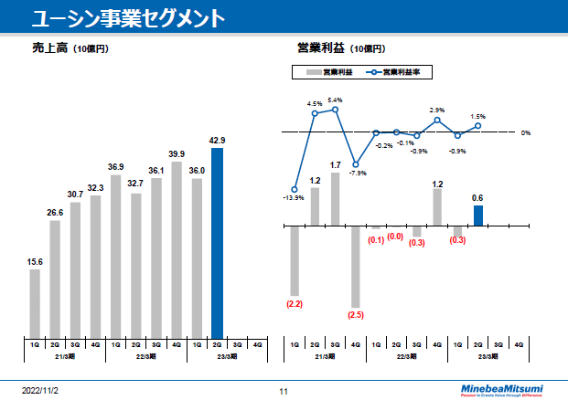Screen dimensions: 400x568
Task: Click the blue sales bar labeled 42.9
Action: (x=217, y=242)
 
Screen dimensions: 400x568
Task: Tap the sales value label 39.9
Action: (x=177, y=153)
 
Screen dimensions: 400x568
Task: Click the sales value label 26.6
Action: (x=55, y=212)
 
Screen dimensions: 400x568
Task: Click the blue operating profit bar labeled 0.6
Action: (x=477, y=215)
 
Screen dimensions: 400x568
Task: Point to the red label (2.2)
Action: (x=295, y=302)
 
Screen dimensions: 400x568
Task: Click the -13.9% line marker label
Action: (x=294, y=197)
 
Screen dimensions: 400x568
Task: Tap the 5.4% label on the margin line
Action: (x=335, y=100)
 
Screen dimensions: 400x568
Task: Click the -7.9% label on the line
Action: (x=358, y=173)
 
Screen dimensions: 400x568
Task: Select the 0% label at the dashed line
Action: (x=526, y=133)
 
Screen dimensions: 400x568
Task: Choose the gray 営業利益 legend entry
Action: (x=329, y=71)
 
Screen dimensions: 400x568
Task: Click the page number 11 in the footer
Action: (x=284, y=391)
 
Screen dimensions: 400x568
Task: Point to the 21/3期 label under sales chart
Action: (x=64, y=357)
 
